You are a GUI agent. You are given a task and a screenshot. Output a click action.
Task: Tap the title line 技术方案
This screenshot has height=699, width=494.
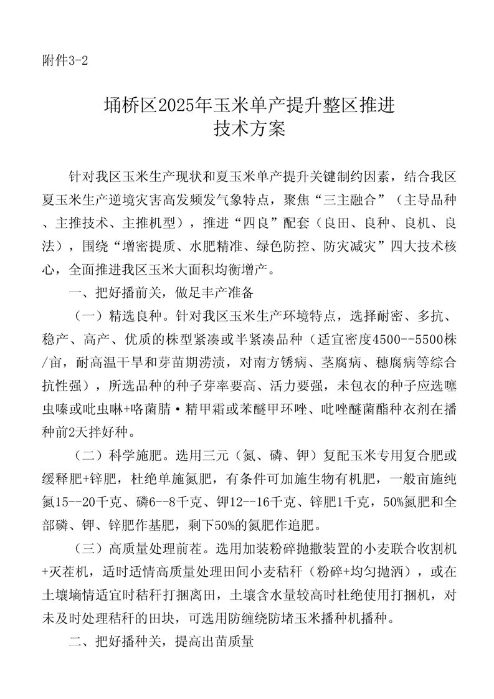249,129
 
